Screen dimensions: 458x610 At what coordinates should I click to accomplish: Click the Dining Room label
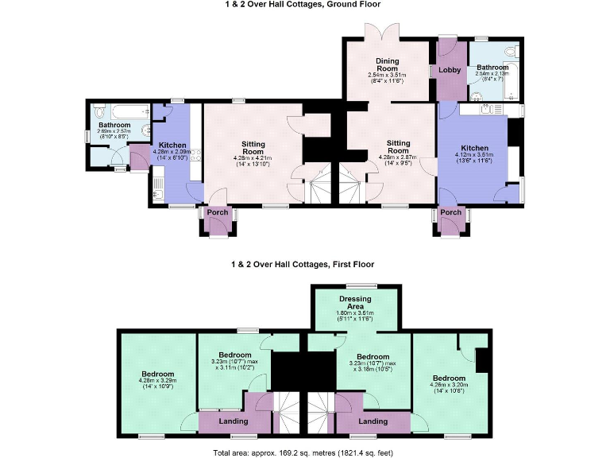388,64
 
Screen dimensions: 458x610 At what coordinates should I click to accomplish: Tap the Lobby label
450,70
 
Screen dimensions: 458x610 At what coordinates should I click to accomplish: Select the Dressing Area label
355,302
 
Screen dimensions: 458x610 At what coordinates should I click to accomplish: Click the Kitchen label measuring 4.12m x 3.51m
475,149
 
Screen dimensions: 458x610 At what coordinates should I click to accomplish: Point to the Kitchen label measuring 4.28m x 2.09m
172,146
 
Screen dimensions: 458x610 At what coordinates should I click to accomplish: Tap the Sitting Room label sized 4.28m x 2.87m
398,146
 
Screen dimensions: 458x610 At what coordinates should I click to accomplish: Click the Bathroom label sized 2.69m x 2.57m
114,126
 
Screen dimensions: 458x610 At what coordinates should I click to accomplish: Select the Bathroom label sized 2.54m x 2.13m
492,68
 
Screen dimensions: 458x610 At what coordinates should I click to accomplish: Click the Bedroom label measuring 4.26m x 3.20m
448,378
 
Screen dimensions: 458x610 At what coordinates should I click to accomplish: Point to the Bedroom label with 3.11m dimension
235,355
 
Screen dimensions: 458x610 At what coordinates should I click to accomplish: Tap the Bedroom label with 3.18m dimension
372,356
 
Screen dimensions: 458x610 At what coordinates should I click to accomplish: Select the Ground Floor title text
303,5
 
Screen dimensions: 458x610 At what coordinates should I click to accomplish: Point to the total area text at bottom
303,452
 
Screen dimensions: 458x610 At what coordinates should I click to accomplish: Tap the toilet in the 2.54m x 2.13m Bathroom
515,52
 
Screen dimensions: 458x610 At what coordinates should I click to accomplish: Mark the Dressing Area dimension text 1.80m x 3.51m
356,315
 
